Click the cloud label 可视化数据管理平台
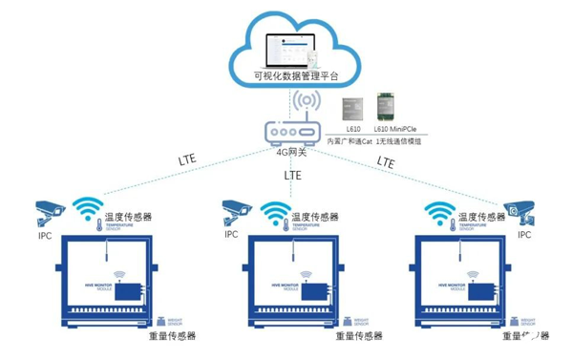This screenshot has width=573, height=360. (x=295, y=74)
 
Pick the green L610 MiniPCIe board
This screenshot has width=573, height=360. (x=389, y=106)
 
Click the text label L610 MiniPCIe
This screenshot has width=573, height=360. (x=395, y=128)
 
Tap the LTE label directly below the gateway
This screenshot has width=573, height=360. (x=293, y=177)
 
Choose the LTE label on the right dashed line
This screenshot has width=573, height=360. (x=385, y=162)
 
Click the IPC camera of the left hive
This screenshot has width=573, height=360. (x=47, y=211)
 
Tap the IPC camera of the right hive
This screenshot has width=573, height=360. (x=520, y=213)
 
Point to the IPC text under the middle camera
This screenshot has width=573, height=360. (x=231, y=233)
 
